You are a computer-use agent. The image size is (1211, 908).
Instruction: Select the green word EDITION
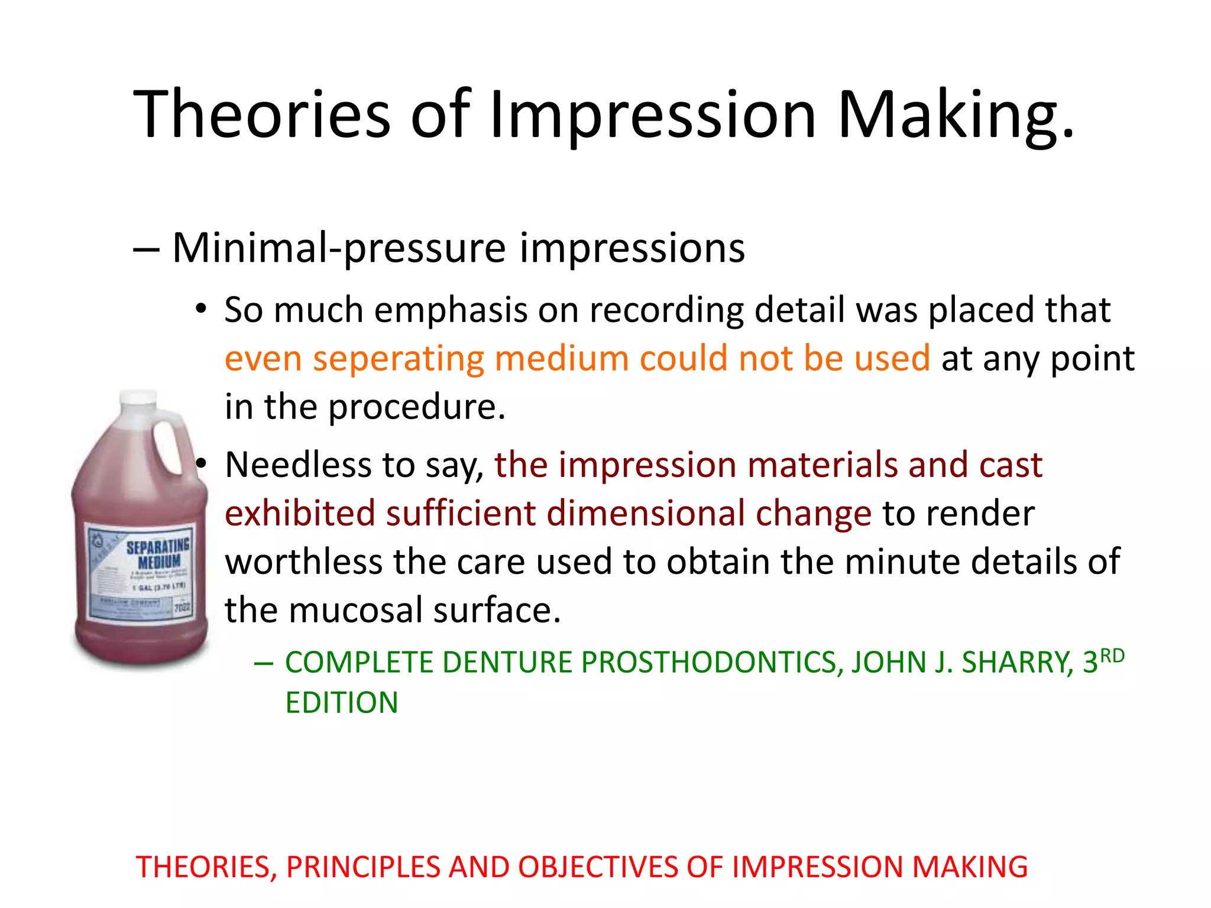342,703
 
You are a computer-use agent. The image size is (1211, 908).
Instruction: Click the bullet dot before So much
201,309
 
